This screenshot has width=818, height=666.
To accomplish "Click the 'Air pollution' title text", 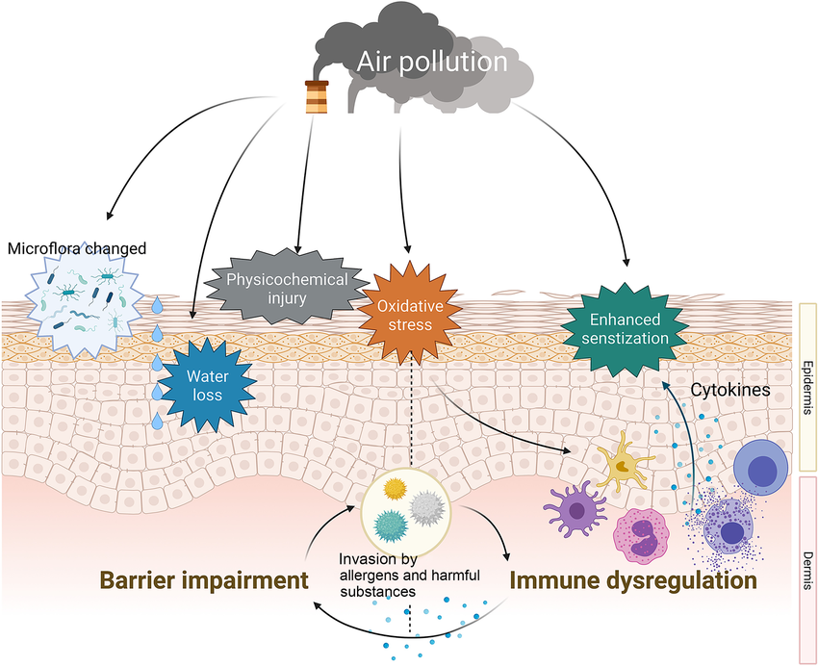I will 432,63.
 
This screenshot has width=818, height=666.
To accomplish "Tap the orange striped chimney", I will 315,97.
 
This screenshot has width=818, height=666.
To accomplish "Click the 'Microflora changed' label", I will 77,248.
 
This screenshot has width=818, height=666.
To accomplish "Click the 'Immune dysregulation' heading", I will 632,581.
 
